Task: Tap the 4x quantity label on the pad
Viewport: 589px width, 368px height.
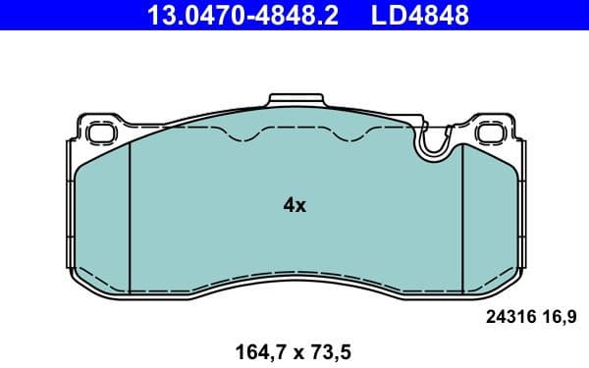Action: [294, 205]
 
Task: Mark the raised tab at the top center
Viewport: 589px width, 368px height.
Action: [294, 100]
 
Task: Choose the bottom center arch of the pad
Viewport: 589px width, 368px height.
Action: [294, 281]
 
